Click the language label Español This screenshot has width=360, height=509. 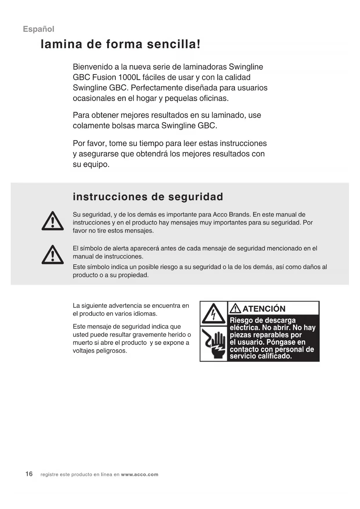[39, 29]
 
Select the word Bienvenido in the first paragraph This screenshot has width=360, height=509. [93, 67]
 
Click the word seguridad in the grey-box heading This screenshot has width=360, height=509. [196, 197]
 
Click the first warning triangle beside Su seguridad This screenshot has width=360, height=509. [53, 221]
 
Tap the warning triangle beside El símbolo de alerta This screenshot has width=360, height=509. [53, 255]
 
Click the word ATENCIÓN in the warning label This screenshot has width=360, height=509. [264, 309]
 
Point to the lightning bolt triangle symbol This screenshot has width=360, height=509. [214, 314]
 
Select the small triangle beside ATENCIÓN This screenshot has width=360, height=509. [235, 308]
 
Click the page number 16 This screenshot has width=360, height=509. [29, 474]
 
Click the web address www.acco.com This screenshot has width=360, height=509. [140, 474]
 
